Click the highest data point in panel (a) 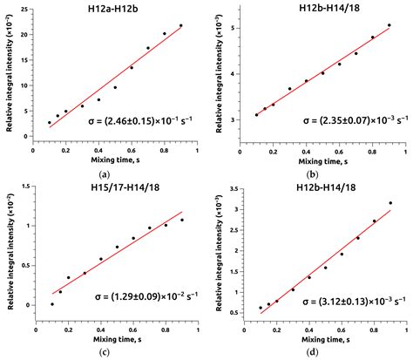click(181, 25)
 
